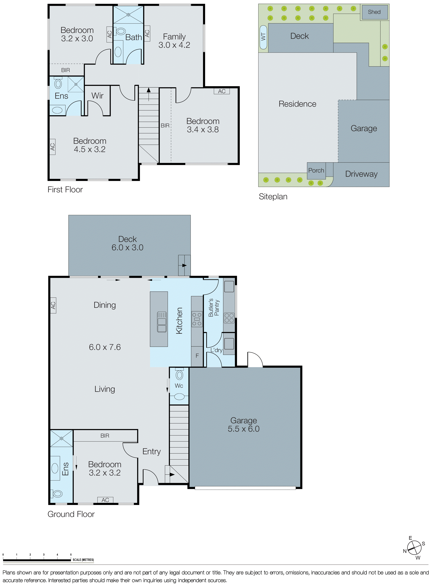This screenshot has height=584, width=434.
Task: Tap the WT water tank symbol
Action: (263, 37)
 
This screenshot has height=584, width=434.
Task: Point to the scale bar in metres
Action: (37, 560)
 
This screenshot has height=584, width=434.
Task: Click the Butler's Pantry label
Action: (214, 307)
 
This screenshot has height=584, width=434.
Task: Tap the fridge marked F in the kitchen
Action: (197, 356)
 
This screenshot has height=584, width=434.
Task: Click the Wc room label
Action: (179, 386)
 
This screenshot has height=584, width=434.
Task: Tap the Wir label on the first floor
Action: (98, 96)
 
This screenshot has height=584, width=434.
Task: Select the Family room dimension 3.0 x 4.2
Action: (174, 45)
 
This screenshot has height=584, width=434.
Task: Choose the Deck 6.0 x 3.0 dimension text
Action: (127, 248)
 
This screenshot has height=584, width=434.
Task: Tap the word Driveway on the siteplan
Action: (361, 174)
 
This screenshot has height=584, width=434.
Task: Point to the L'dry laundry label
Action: (216, 350)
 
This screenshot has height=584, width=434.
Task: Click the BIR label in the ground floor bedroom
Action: (105, 436)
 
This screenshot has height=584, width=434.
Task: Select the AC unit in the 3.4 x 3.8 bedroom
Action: (222, 91)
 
